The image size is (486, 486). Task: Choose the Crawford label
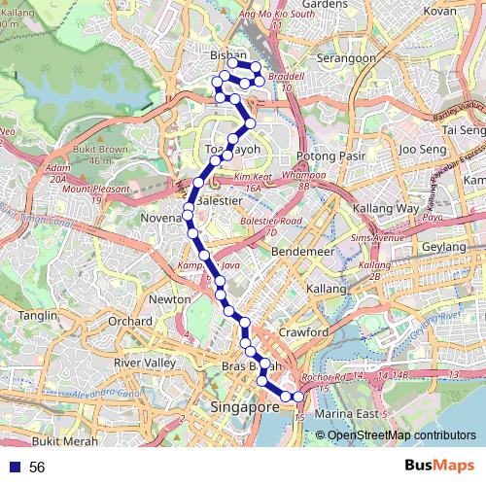click(303, 331)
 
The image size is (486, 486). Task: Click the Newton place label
click(170, 299)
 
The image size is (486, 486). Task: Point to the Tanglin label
click(39, 316)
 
